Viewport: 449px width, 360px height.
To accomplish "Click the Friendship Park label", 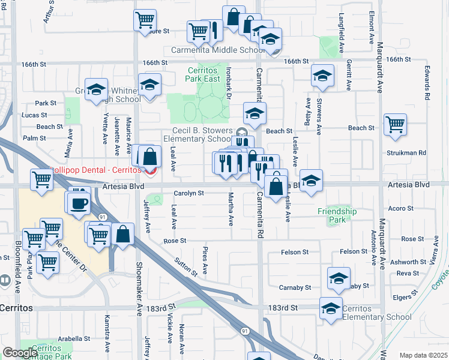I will click(x=337, y=215).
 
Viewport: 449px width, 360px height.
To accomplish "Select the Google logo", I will click(x=20, y=353).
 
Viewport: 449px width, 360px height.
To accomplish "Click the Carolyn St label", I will click(x=189, y=194).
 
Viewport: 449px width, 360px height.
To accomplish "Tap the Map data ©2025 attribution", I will click(x=424, y=355).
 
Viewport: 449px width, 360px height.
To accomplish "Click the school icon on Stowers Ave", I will click(x=322, y=76).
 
